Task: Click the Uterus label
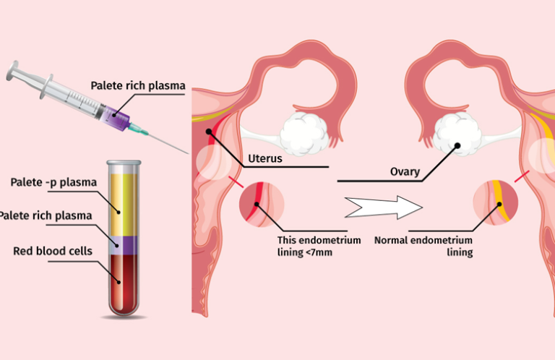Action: [x=265, y=158]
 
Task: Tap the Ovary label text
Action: [x=405, y=171]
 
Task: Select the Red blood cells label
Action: [x=53, y=251]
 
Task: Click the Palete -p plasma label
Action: [x=53, y=182]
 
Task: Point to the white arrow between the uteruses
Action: [x=384, y=207]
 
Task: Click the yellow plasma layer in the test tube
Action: [x=123, y=205]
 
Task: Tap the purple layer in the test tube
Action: [x=123, y=245]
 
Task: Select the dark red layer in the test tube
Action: [x=123, y=283]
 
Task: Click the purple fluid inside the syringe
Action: [x=116, y=117]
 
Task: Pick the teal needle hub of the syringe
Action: [x=138, y=129]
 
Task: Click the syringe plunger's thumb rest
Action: [x=12, y=70]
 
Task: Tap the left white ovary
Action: [x=304, y=134]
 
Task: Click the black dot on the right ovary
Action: [x=457, y=145]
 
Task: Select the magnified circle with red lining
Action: [x=262, y=205]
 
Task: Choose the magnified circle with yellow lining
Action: [x=496, y=202]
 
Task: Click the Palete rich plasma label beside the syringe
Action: [x=138, y=86]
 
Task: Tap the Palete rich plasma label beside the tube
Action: [x=46, y=215]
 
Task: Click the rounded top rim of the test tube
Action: [x=124, y=163]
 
